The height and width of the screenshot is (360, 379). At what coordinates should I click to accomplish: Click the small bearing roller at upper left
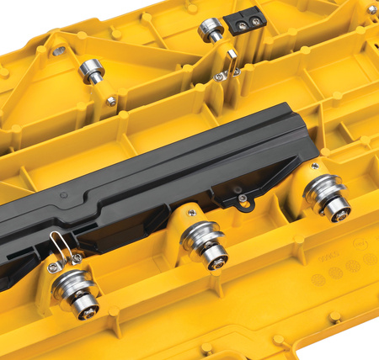pos(91,71)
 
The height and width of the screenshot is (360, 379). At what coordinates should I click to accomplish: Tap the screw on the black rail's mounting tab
pos(242,198)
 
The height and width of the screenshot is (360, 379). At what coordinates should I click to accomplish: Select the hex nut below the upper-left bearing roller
pos(111,101)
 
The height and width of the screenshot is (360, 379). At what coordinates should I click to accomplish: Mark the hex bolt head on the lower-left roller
pos(85,308)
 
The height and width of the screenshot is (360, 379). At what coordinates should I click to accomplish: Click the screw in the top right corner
pos(371,9)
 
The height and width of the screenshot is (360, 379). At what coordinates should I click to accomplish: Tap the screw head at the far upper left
pos(58,51)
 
